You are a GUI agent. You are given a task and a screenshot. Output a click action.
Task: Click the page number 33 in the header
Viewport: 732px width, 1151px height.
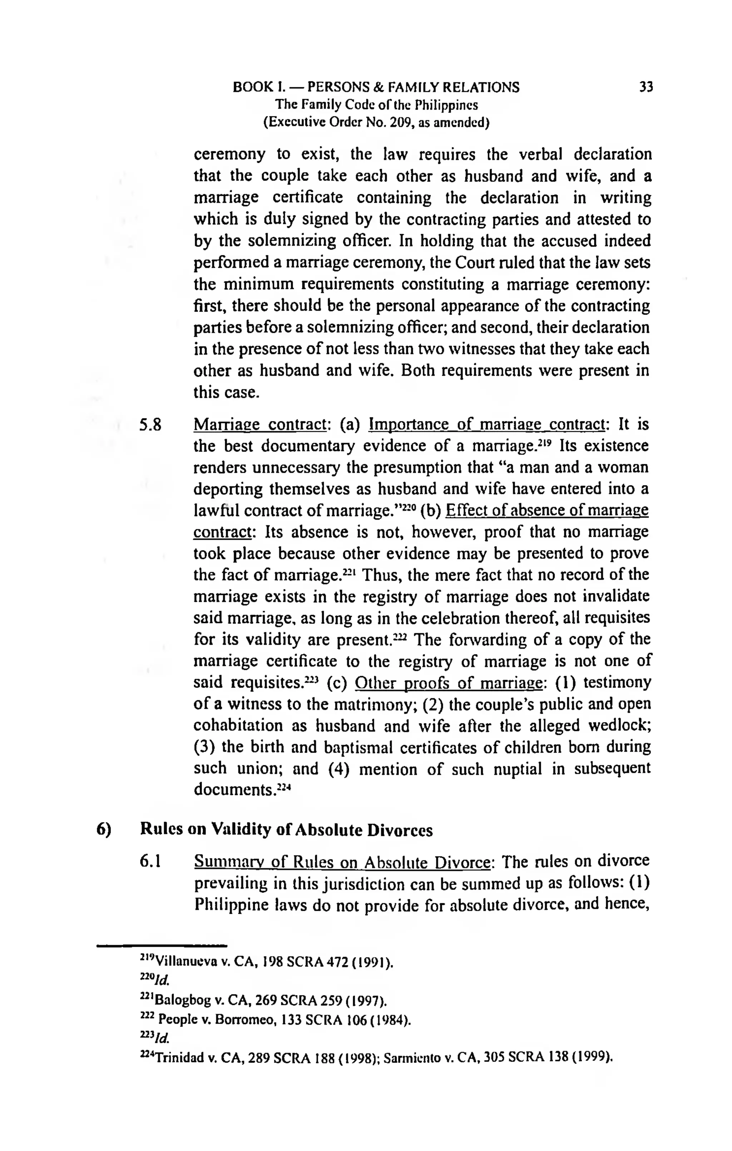[646, 88]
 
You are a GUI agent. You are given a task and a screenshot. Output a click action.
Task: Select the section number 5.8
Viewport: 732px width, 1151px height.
[151, 425]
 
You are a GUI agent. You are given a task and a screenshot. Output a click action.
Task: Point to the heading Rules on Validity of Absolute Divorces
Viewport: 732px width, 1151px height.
[286, 830]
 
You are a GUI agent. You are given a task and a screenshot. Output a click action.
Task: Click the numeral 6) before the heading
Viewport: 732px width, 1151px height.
[104, 830]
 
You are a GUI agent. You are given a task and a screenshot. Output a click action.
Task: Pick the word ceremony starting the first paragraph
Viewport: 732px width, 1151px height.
[229, 155]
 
